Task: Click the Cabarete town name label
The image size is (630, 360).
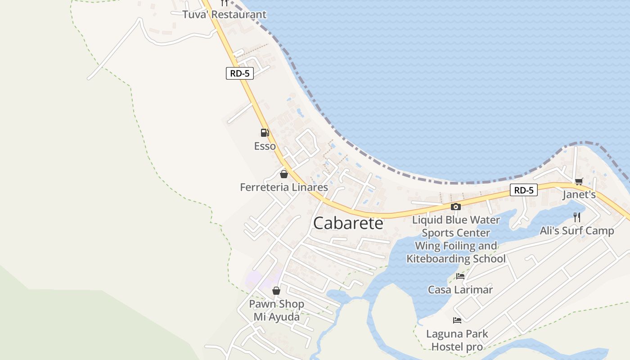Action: pos(348,223)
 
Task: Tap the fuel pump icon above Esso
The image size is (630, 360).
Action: pos(265,132)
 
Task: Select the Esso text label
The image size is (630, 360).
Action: pos(265,146)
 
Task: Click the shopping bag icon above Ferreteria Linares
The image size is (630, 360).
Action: pos(284,174)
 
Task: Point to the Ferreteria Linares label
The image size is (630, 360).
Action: pos(284,187)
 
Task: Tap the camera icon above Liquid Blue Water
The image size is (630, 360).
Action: pos(456,207)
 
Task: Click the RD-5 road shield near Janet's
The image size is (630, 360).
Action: pos(524,190)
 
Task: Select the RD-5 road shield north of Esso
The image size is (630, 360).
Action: pos(239,74)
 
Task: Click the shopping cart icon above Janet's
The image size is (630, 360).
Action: pos(579,181)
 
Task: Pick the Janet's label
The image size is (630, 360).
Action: pos(579,195)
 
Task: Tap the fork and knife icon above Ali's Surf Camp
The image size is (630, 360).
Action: pos(577,217)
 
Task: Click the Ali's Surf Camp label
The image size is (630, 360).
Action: pos(577,231)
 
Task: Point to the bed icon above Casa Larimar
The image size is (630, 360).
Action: pos(460,276)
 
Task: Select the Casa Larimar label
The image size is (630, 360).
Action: pos(460,290)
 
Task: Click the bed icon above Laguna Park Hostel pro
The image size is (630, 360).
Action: pos(457,320)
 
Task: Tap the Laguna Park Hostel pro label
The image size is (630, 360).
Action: pos(457,340)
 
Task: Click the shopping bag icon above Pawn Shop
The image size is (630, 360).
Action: pos(276,291)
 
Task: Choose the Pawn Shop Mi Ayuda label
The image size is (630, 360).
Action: pos(276,310)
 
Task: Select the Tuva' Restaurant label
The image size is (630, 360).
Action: pos(224,14)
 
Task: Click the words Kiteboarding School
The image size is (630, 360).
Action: pos(456,259)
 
